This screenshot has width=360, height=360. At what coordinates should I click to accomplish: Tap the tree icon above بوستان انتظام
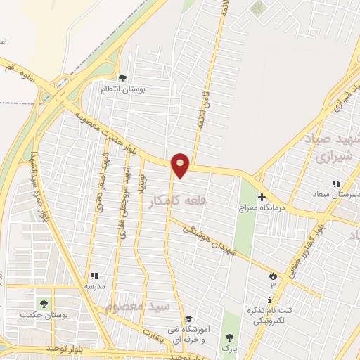tap(122, 78)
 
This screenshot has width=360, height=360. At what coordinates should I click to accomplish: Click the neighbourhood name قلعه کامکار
tap(174, 202)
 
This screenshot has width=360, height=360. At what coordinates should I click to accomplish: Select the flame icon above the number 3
tap(273, 276)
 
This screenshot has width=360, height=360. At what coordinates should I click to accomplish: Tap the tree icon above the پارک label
tap(227, 337)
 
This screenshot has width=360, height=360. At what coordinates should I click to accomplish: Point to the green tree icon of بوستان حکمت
tap(44, 304)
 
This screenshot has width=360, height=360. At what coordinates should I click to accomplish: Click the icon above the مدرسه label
tap(94, 276)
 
